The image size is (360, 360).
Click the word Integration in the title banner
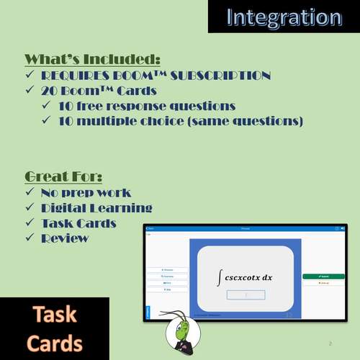284,17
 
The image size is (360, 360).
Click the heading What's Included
92,59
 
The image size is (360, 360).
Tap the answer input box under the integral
246,294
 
